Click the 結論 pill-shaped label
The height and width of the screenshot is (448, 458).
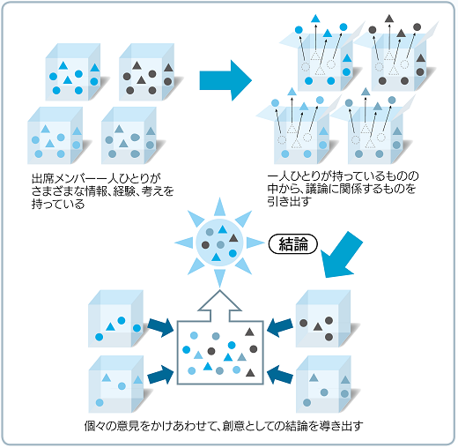pyautogui.click(x=293, y=243)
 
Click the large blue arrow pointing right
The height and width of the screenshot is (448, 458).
pyautogui.click(x=225, y=80)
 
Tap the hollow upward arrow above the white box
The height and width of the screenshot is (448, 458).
pyautogui.click(x=219, y=306)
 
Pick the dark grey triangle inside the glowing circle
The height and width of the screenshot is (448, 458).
pyautogui.click(x=233, y=238)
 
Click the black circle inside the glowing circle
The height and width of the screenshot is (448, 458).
pyautogui.click(x=205, y=244)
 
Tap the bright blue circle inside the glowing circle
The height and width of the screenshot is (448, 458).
pyautogui.click(x=233, y=253)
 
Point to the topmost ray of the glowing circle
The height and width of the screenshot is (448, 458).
pyautogui.click(x=219, y=207)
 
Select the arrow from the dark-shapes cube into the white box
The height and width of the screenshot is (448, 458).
pyautogui.click(x=279, y=327)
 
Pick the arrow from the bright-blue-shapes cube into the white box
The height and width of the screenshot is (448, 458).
pyautogui.click(x=160, y=327)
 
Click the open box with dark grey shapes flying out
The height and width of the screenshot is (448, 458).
pyautogui.click(x=395, y=56)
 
